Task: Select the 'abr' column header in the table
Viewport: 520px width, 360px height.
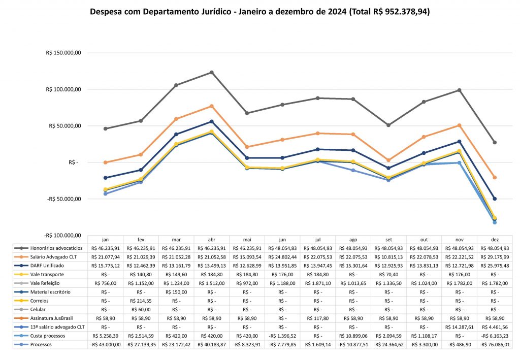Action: (x=211, y=239)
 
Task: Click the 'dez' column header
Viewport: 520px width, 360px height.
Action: (x=495, y=239)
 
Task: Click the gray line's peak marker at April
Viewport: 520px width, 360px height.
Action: (x=211, y=73)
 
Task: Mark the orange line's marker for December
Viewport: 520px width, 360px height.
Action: (x=495, y=178)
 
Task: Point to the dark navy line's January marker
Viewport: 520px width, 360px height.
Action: (x=105, y=178)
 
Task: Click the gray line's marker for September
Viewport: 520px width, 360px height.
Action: (x=388, y=125)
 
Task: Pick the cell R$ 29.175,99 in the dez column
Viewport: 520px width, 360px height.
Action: (x=495, y=257)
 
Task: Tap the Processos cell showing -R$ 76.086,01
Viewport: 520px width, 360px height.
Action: (x=495, y=345)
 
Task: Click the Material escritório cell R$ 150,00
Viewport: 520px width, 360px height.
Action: (x=176, y=292)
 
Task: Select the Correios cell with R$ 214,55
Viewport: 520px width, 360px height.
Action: (x=141, y=301)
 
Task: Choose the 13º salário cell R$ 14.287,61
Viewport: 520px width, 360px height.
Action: (x=459, y=327)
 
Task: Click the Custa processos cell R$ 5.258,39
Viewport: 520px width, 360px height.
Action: (x=105, y=336)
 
